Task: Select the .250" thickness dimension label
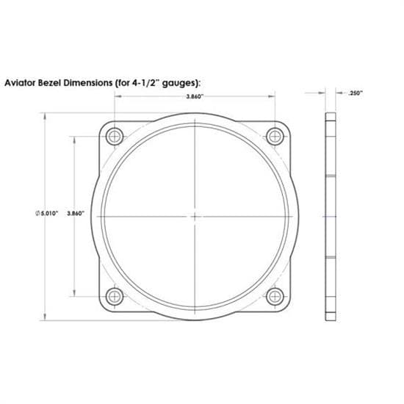pos(356,93)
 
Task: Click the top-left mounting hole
pos(113,136)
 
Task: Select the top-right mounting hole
pos(275,136)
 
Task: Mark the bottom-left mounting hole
pos(113,297)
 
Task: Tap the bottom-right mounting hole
pos(275,297)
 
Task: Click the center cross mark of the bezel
pos(194,217)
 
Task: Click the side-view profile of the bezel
pos(330,217)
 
